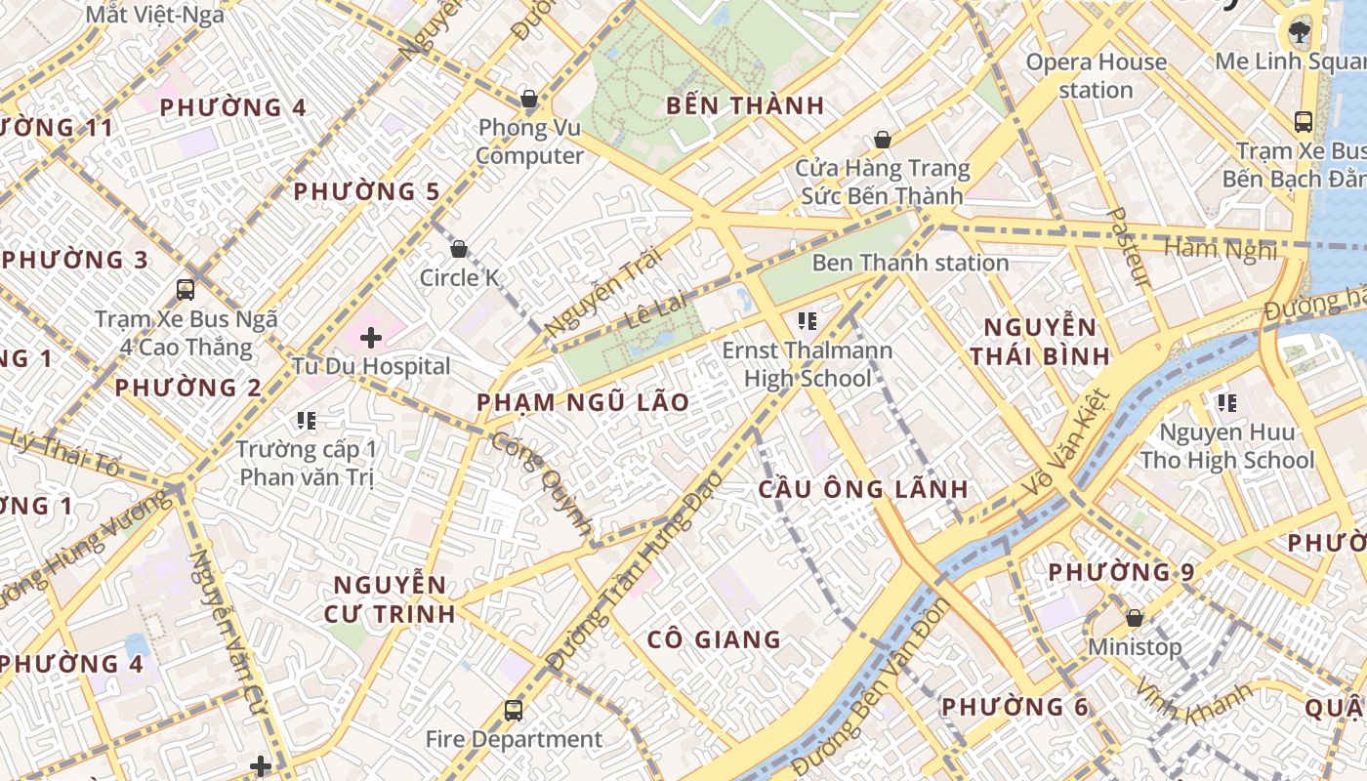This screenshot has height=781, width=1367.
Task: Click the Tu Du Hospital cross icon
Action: tap(371, 338)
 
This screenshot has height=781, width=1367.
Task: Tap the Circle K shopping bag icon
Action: tap(459, 249)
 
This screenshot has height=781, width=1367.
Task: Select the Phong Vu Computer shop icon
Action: tap(529, 99)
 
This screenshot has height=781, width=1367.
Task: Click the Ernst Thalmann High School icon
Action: tap(807, 319)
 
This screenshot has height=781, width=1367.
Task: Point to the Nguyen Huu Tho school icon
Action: tap(1227, 402)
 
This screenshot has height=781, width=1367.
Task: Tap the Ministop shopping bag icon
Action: tap(1135, 618)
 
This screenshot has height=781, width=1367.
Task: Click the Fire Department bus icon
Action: tap(514, 710)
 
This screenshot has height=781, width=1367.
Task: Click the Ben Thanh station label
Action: tap(910, 263)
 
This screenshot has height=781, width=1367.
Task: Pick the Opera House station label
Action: tap(1096, 76)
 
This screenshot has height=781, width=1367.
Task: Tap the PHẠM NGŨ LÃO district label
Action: tap(583, 402)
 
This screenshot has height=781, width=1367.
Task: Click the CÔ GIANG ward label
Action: tap(714, 639)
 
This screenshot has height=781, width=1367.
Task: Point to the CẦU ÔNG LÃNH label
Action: tap(863, 489)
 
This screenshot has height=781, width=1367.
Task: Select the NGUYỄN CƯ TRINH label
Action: tap(394, 599)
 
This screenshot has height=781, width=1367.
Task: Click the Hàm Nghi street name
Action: tap(1221, 249)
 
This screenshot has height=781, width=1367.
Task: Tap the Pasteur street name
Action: tap(1129, 247)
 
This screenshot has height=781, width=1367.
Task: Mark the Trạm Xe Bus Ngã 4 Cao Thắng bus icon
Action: tap(186, 289)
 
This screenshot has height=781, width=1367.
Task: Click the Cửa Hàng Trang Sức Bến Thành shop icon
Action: tap(883, 140)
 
